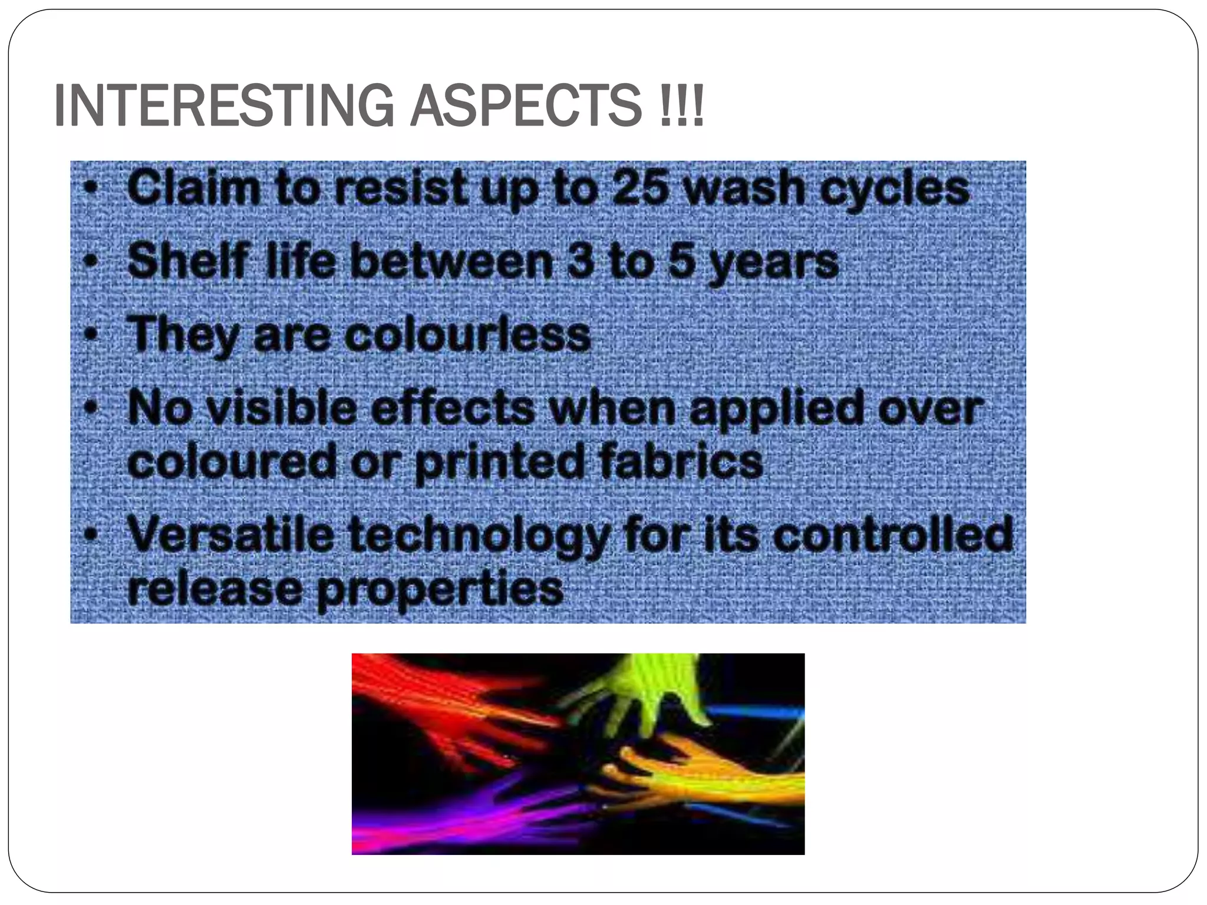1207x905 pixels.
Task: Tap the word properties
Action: point(440,590)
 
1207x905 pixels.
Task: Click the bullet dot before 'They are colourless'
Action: point(90,335)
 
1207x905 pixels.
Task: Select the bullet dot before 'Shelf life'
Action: point(90,261)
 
